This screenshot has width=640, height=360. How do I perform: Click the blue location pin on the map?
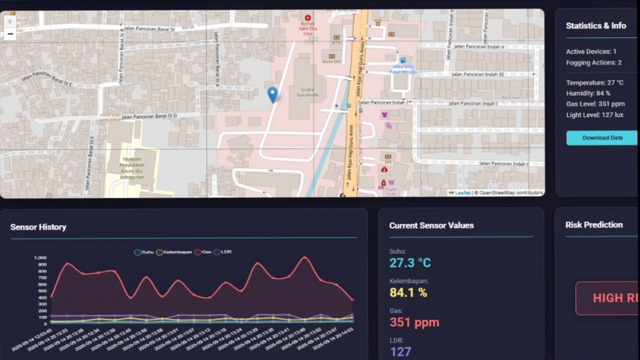272,94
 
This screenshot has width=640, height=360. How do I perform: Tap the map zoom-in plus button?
10,21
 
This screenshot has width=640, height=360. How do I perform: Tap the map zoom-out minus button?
10,35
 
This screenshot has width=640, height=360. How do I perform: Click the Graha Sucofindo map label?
307,92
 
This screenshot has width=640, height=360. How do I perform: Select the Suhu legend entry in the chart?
143,252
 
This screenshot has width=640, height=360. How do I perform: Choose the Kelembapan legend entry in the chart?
174,252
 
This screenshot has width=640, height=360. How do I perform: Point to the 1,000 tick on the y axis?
41,257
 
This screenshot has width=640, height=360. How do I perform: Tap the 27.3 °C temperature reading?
410,263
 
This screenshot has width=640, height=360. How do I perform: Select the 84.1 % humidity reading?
408,293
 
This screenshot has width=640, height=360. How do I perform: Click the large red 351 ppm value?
414,323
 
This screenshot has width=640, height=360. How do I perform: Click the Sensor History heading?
38,227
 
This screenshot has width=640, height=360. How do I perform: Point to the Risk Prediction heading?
594,225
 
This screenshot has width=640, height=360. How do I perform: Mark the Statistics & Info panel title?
596,26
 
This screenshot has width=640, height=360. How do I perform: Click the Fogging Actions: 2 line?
593,63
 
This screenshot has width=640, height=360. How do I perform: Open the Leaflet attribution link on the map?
462,193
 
